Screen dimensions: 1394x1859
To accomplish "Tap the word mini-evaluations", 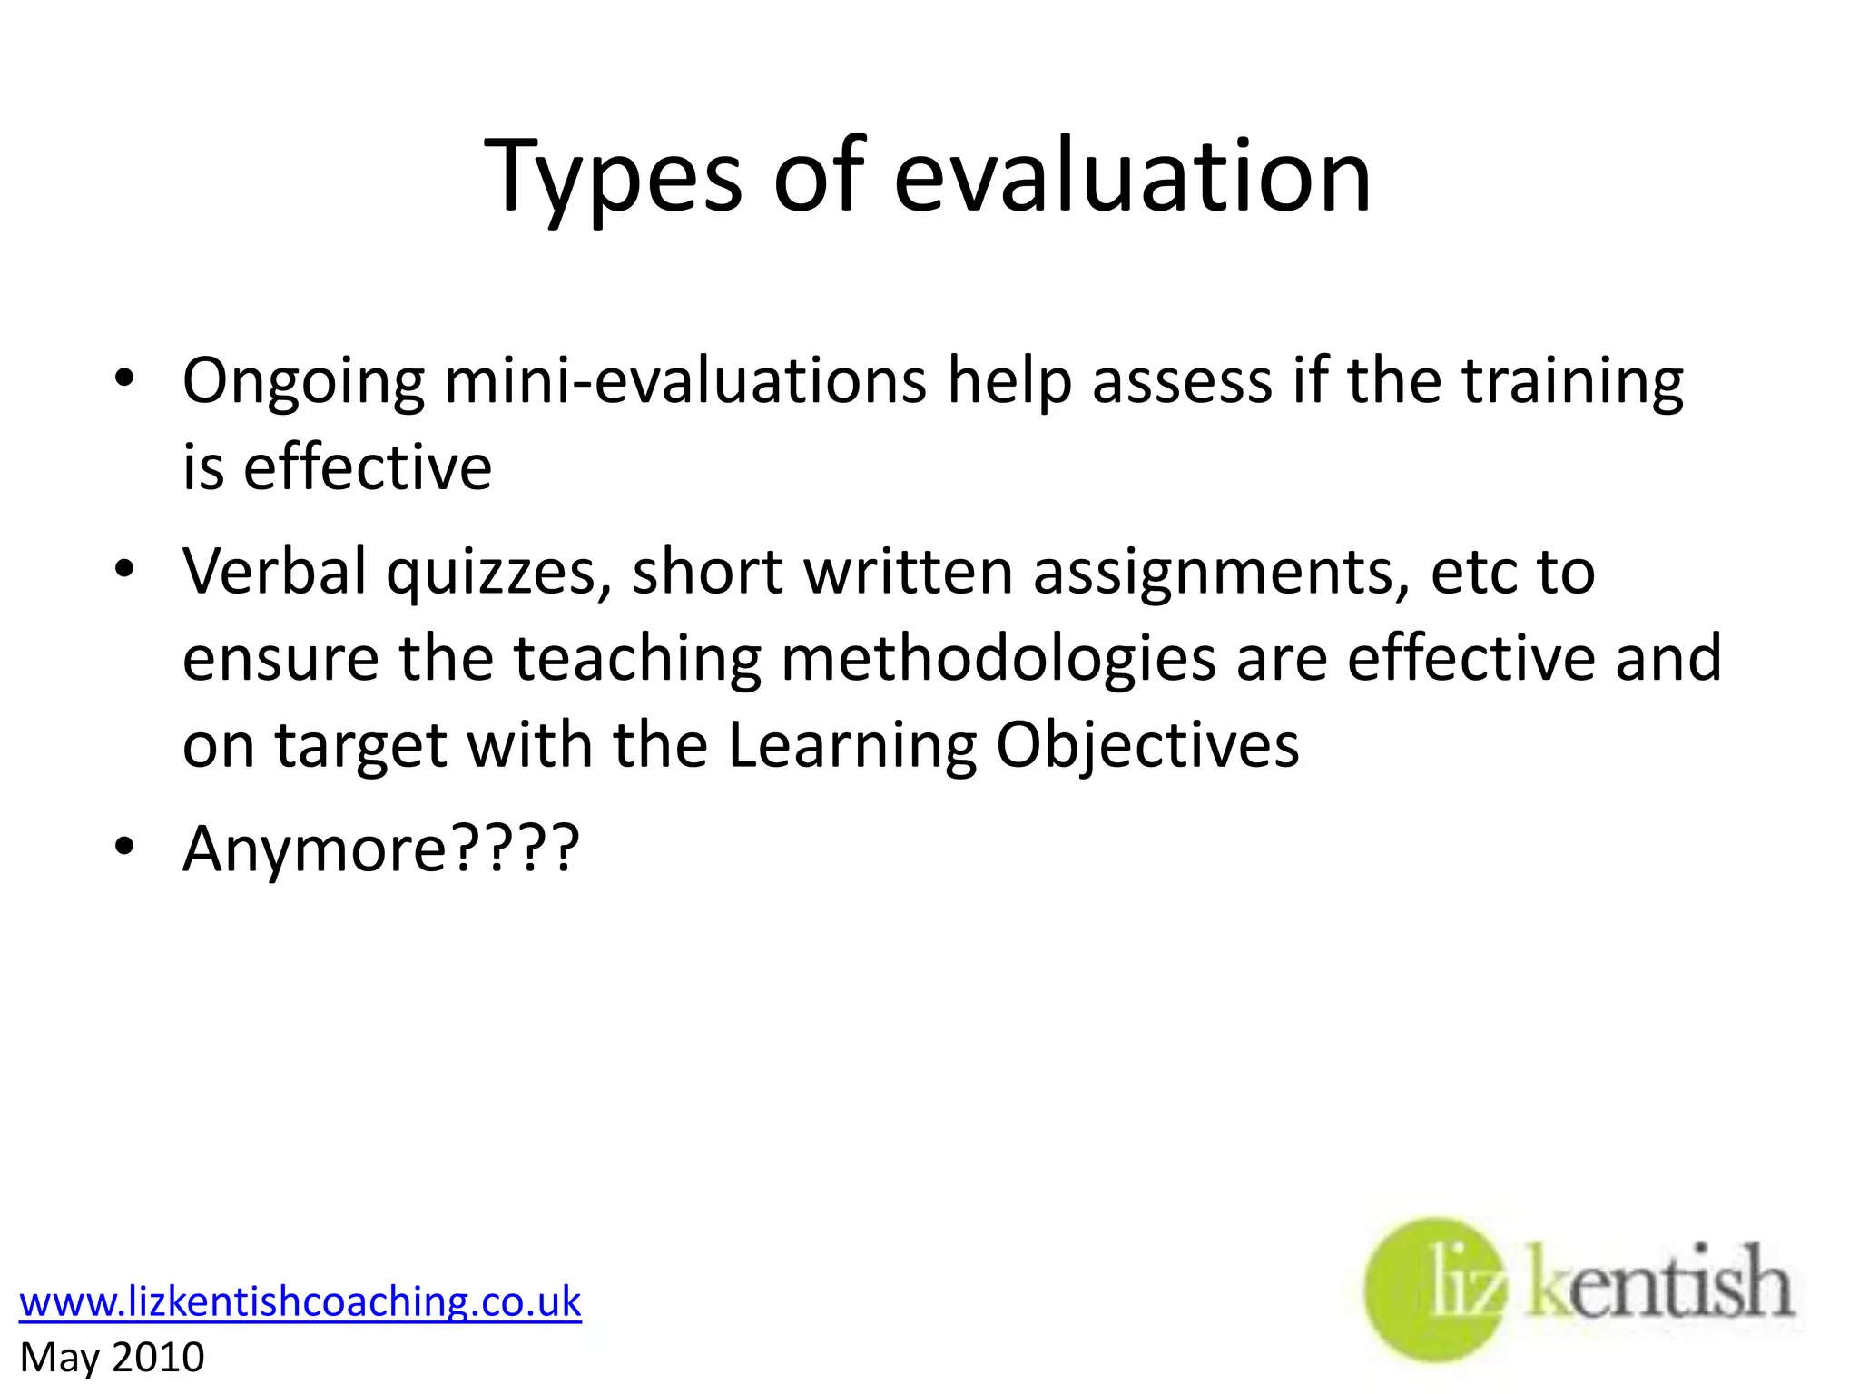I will coord(685,380).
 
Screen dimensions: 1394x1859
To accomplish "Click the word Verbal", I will coord(274,571).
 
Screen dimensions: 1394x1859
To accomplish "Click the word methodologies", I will coord(998,659).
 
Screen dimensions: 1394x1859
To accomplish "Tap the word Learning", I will coord(852,747).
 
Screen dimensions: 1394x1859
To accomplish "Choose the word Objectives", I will coord(1147,747).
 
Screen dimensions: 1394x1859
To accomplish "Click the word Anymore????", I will coord(380,849).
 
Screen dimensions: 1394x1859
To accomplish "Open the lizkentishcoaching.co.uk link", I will coord(300,1301).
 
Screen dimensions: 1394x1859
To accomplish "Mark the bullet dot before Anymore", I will coord(125,847).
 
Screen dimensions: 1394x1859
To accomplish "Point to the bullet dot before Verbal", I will coord(125,569).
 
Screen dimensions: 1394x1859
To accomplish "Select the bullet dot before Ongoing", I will coord(125,378).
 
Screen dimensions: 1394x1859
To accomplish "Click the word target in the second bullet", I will coord(360,747).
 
